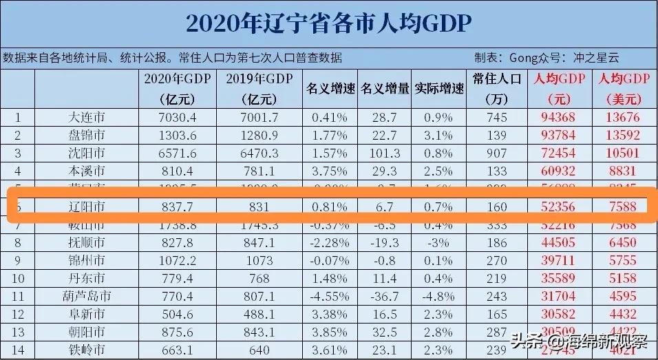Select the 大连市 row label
pyautogui.click(x=82, y=117)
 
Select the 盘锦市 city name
pyautogui.click(x=82, y=134)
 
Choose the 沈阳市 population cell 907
pyautogui.click(x=496, y=152)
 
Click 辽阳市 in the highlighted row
pyautogui.click(x=82, y=206)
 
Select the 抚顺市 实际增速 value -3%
pyautogui.click(x=438, y=242)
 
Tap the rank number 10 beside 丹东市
pyautogui.click(x=18, y=278)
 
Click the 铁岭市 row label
pyautogui.click(x=82, y=350)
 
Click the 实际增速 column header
pyautogui.click(x=438, y=88)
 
